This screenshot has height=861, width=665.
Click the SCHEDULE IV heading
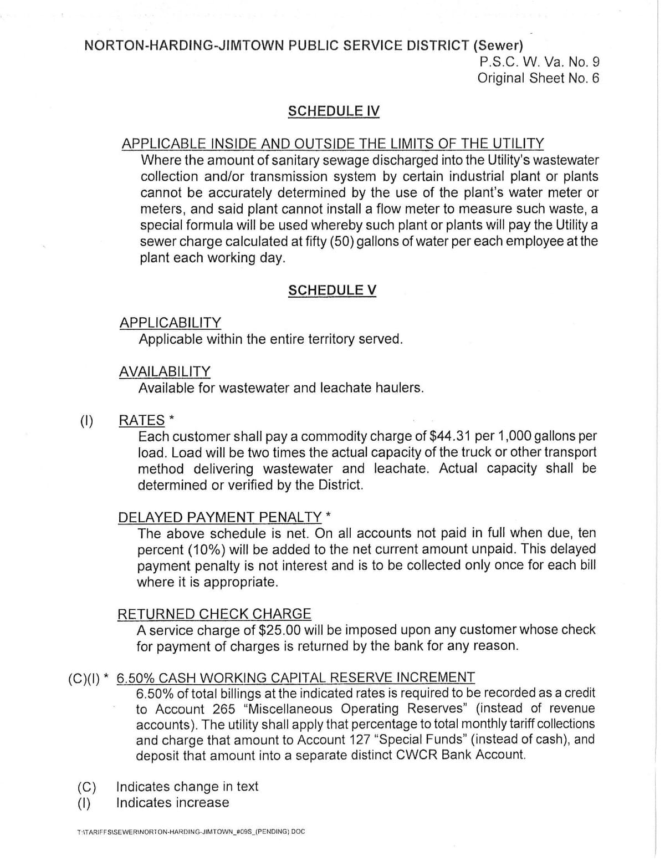pos(334,111)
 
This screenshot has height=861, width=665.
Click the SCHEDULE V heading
pos(332,290)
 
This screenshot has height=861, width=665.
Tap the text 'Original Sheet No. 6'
pos(538,78)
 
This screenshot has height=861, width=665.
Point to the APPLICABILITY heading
pos(170,322)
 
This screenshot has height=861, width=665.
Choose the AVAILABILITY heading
pos(165,371)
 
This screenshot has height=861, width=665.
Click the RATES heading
pos(142,420)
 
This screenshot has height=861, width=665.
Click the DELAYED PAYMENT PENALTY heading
pos(219,517)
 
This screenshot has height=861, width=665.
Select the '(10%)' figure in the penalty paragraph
pos(206,550)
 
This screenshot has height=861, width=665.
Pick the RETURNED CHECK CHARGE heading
pos(214,614)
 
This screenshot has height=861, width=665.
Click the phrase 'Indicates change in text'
pos(187,786)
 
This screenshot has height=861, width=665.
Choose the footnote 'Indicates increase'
pos(172,802)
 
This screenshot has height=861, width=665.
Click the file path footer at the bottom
pos(192,832)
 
